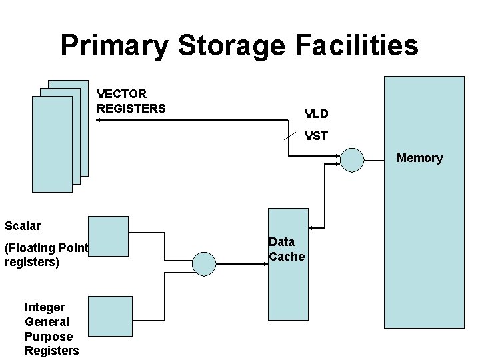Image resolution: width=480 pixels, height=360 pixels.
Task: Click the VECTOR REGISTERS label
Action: (131, 101)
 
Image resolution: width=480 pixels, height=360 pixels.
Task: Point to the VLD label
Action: (316, 114)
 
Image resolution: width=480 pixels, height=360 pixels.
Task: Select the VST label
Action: (316, 136)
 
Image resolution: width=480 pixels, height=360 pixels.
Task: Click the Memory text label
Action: (419, 158)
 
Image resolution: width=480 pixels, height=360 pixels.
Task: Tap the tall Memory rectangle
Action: (424, 253)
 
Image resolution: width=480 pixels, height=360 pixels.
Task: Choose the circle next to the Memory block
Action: (352, 159)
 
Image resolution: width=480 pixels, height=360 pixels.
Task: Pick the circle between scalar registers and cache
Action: (205, 264)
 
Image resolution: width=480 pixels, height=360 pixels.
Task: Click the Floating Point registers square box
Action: (108, 236)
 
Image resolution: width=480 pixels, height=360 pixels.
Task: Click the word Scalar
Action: (23, 225)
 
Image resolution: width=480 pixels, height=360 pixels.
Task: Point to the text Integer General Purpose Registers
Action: (51, 329)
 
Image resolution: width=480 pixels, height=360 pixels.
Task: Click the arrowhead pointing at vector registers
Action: (100, 120)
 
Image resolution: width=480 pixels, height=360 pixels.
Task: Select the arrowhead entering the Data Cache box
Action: (264, 264)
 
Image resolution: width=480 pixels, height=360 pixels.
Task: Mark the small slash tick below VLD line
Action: (289, 135)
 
